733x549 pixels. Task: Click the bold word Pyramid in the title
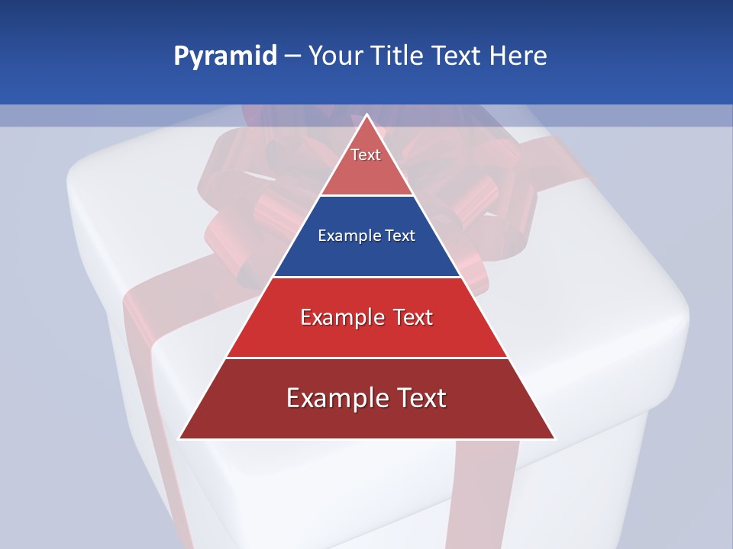click(x=225, y=56)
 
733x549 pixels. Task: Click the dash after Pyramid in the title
click(x=292, y=56)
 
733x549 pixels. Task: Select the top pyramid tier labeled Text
click(x=366, y=164)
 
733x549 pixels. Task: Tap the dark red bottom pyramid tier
click(x=366, y=419)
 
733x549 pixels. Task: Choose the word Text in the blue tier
click(x=401, y=236)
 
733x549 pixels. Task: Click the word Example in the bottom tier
click(x=334, y=398)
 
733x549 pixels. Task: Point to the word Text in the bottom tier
click(x=418, y=398)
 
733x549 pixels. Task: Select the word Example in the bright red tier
click(x=340, y=317)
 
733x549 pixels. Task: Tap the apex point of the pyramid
click(x=366, y=115)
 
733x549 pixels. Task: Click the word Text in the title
click(x=459, y=56)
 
